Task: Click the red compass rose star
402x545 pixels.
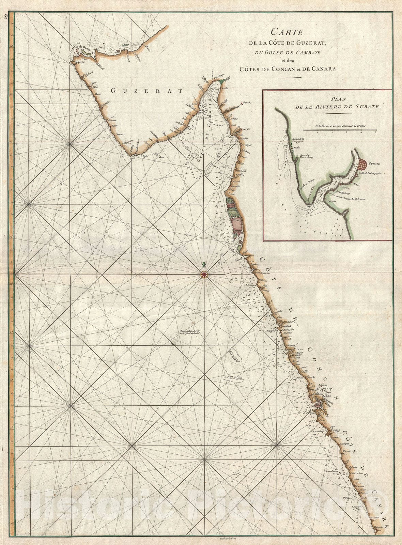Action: pyautogui.click(x=204, y=274)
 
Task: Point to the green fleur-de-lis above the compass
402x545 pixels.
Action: pyautogui.click(x=204, y=265)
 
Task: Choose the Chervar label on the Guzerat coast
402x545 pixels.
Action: pyautogui.click(x=112, y=120)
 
